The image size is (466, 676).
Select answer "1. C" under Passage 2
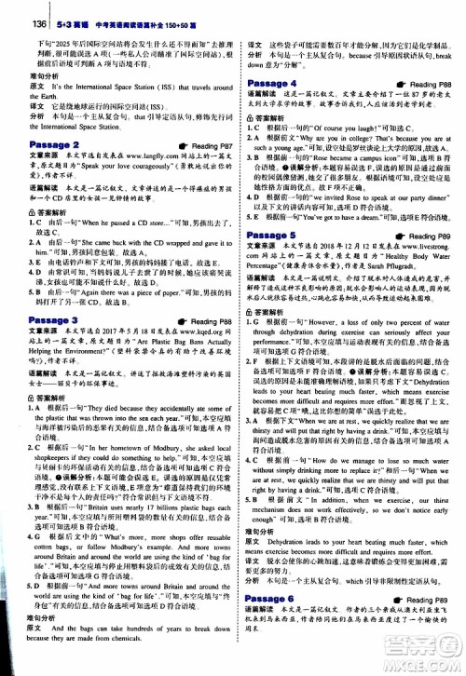(34, 224)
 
